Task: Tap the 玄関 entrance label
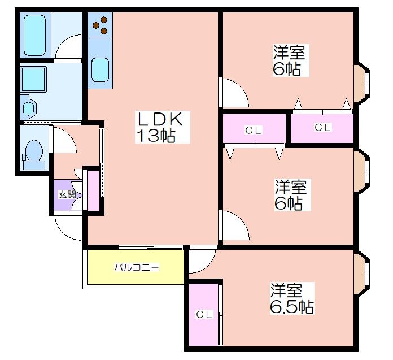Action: pos(67,194)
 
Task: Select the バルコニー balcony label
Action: pos(137,267)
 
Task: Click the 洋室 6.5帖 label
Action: pos(292,298)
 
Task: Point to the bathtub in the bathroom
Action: pos(35,35)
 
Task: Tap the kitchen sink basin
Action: pos(100,70)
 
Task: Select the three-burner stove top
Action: pos(100,25)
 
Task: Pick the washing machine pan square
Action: pos(33,79)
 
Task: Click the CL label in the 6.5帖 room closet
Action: pos(204,314)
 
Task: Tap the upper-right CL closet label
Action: pos(322,128)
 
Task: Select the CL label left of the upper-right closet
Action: pos(254,130)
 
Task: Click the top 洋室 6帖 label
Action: pos(291,60)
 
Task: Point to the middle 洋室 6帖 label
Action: pos(292,195)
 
